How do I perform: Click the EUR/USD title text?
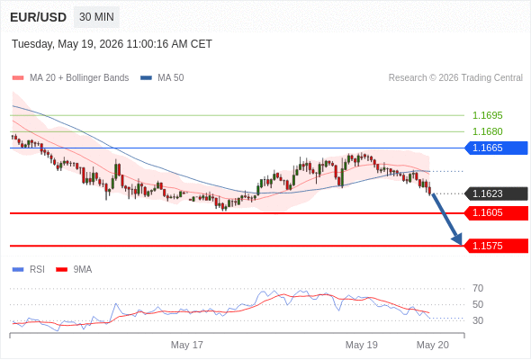[x=39, y=17]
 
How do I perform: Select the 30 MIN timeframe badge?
[x=96, y=17]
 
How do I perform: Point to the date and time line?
[x=112, y=44]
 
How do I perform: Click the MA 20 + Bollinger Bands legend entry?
[x=70, y=78]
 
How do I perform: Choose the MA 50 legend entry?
[x=162, y=78]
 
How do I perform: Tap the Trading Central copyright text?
[x=455, y=78]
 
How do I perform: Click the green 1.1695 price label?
[x=487, y=115]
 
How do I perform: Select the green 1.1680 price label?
[x=487, y=131]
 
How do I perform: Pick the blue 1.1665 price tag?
[x=496, y=148]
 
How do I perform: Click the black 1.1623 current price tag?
[x=496, y=193]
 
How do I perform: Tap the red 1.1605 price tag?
[x=496, y=213]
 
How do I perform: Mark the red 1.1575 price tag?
[x=496, y=246]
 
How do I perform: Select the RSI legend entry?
[x=29, y=270]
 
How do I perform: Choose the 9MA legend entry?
[x=74, y=270]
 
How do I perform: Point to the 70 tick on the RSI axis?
[x=478, y=289]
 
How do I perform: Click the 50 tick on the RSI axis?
[x=478, y=304]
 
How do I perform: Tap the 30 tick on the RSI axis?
[x=478, y=320]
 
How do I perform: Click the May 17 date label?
[x=187, y=345]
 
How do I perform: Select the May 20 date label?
[x=433, y=345]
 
